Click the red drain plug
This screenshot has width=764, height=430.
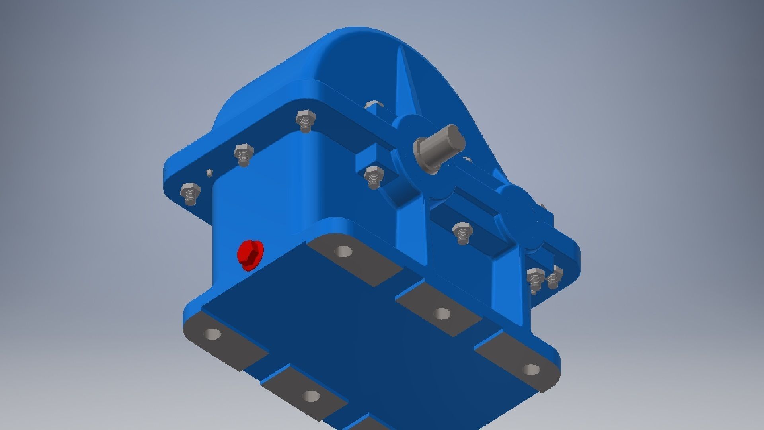pyautogui.click(x=249, y=254)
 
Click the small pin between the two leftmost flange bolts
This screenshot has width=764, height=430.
pyautogui.click(x=209, y=172)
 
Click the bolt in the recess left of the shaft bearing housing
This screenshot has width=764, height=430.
pyautogui.click(x=374, y=176)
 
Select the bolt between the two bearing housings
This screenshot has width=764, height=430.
pyautogui.click(x=462, y=232)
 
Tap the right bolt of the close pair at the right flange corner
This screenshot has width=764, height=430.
pyautogui.click(x=554, y=279)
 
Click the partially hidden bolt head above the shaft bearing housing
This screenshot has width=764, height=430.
pyautogui.click(x=374, y=105)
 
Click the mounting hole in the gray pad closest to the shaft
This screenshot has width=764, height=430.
pyautogui.click(x=343, y=252)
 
